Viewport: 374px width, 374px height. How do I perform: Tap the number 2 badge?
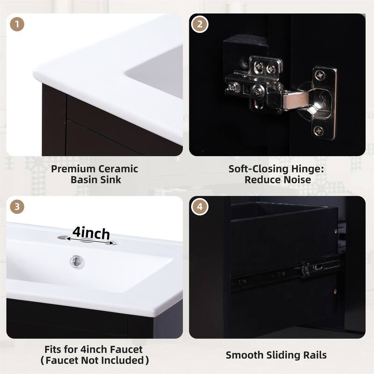(x=200, y=24)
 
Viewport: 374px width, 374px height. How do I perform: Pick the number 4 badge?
(x=200, y=206)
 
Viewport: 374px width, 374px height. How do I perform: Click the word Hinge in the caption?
(x=299, y=169)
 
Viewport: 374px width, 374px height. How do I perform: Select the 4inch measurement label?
(x=91, y=232)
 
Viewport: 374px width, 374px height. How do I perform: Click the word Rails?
(x=314, y=355)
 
